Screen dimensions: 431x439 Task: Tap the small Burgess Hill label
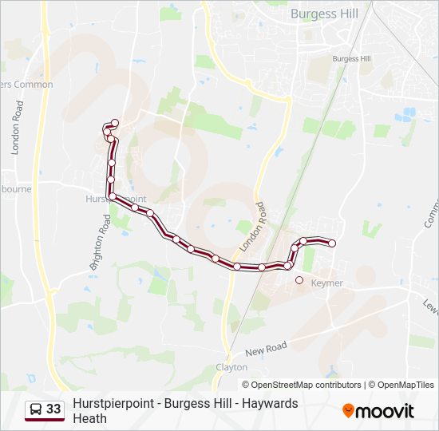tap(352, 59)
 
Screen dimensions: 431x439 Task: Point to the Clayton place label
tap(231, 367)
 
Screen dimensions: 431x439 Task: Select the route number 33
tap(53, 409)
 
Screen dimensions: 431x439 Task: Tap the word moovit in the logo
tap(386, 412)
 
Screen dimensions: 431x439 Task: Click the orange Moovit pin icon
tap(348, 411)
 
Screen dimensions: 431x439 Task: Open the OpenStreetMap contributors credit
tap(307, 385)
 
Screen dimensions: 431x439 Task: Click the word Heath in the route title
tap(89, 418)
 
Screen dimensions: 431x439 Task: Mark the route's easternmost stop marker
tap(332, 243)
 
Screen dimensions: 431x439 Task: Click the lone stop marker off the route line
tap(299, 280)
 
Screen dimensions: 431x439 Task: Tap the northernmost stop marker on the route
tap(115, 123)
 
